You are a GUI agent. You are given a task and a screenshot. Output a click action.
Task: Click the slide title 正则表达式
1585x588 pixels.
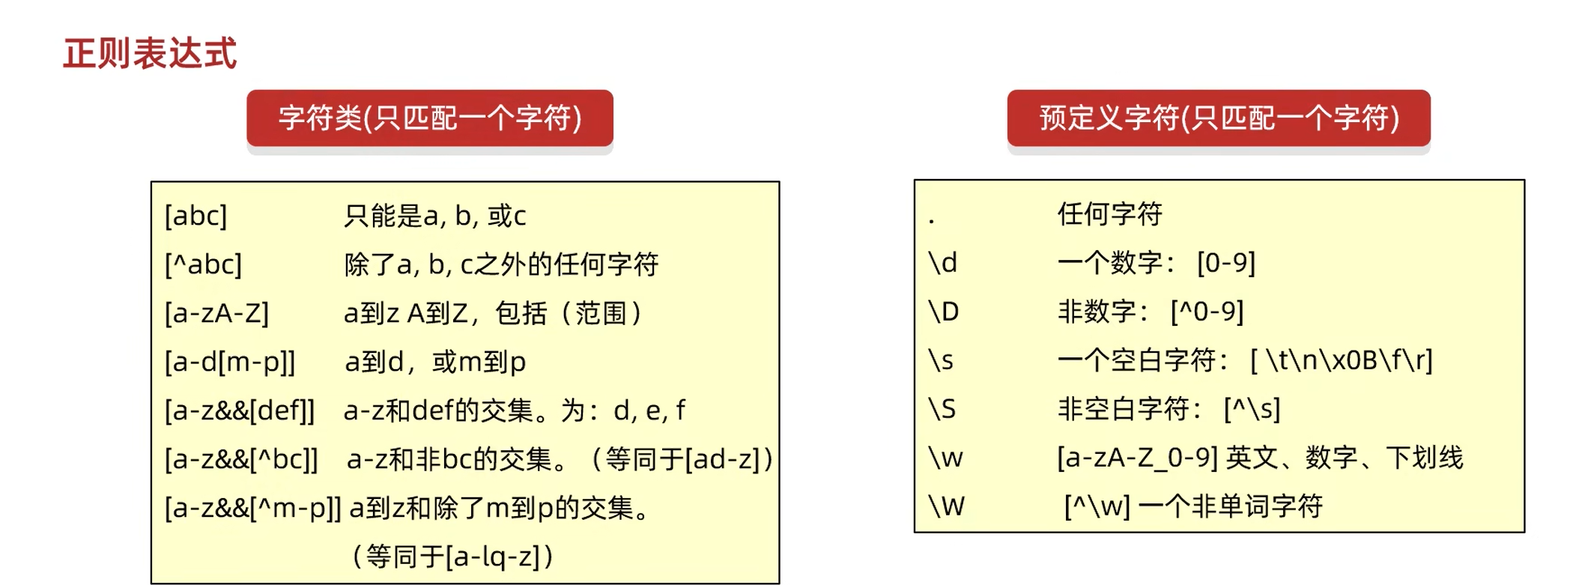coord(150,54)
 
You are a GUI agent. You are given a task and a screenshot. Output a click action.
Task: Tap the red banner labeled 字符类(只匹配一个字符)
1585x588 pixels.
coord(430,118)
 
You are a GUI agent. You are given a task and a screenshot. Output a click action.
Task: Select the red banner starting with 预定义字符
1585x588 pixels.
coord(1219,118)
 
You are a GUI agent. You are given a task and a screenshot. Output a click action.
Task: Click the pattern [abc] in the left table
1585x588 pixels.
coord(196,216)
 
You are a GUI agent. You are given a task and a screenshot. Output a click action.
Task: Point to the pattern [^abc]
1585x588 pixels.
coord(203,264)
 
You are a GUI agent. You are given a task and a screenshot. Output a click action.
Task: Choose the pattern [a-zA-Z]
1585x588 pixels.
coord(216,313)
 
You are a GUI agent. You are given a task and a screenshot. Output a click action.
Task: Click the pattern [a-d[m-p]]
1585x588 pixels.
coord(230,362)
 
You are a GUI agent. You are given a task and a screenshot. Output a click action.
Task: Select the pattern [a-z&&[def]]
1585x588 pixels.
coord(240,410)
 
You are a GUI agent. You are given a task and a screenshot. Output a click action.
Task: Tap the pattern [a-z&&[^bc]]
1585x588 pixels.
coord(241,459)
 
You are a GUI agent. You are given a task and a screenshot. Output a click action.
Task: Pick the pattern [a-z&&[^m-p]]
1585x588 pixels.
coord(252,508)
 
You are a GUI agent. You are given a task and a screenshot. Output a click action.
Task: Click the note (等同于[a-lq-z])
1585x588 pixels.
coord(452,557)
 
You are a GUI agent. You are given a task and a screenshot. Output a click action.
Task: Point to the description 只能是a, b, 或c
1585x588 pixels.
coord(434,216)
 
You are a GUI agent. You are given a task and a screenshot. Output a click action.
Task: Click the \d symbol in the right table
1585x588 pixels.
coord(942,263)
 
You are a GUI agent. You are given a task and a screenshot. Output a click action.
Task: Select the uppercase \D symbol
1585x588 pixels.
coord(943,312)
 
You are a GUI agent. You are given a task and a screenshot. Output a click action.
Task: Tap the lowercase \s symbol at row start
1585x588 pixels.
coord(941,360)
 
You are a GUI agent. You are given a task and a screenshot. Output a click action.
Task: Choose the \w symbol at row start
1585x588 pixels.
coord(945,458)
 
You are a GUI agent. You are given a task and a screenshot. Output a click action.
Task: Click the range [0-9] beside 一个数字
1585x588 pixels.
coord(1225,263)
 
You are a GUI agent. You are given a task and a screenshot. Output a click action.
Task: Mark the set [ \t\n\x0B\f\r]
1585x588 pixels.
coord(1341,360)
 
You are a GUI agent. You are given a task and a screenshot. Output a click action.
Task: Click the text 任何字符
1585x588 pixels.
coord(1109,214)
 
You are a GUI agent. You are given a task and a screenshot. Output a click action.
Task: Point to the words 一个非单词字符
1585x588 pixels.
coord(1230,506)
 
